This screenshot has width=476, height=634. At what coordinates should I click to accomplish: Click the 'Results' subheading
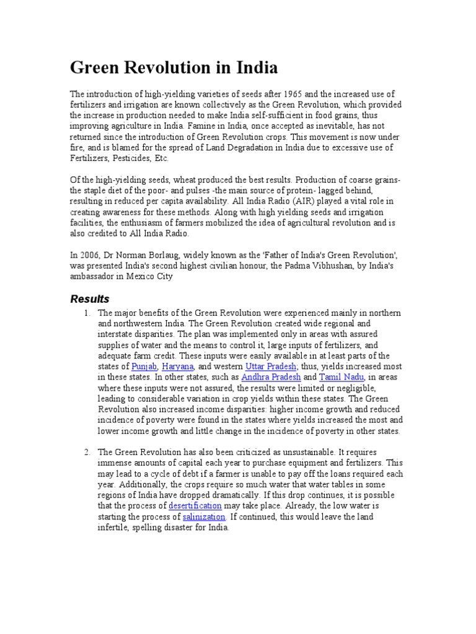tap(89, 299)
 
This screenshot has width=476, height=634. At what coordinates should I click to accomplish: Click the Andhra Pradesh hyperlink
tap(271, 376)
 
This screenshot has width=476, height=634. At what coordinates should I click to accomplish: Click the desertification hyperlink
tap(195, 506)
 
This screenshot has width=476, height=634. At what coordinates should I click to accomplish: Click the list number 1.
tap(87, 313)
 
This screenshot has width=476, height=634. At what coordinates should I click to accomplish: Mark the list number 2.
tap(87, 453)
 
